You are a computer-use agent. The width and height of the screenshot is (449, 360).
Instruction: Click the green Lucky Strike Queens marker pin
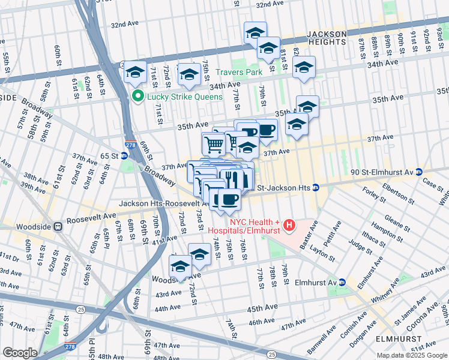[137, 96]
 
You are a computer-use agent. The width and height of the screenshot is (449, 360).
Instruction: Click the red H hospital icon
[289, 226]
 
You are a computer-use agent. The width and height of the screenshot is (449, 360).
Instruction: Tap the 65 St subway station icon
[124, 155]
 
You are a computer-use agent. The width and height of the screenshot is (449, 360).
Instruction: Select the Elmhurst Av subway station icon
[342, 282]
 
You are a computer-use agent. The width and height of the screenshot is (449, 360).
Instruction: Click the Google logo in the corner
[20, 353]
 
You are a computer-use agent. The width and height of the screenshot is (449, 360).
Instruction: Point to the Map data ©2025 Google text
[412, 355]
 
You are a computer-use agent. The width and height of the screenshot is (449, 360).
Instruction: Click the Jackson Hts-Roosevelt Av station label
[163, 203]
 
